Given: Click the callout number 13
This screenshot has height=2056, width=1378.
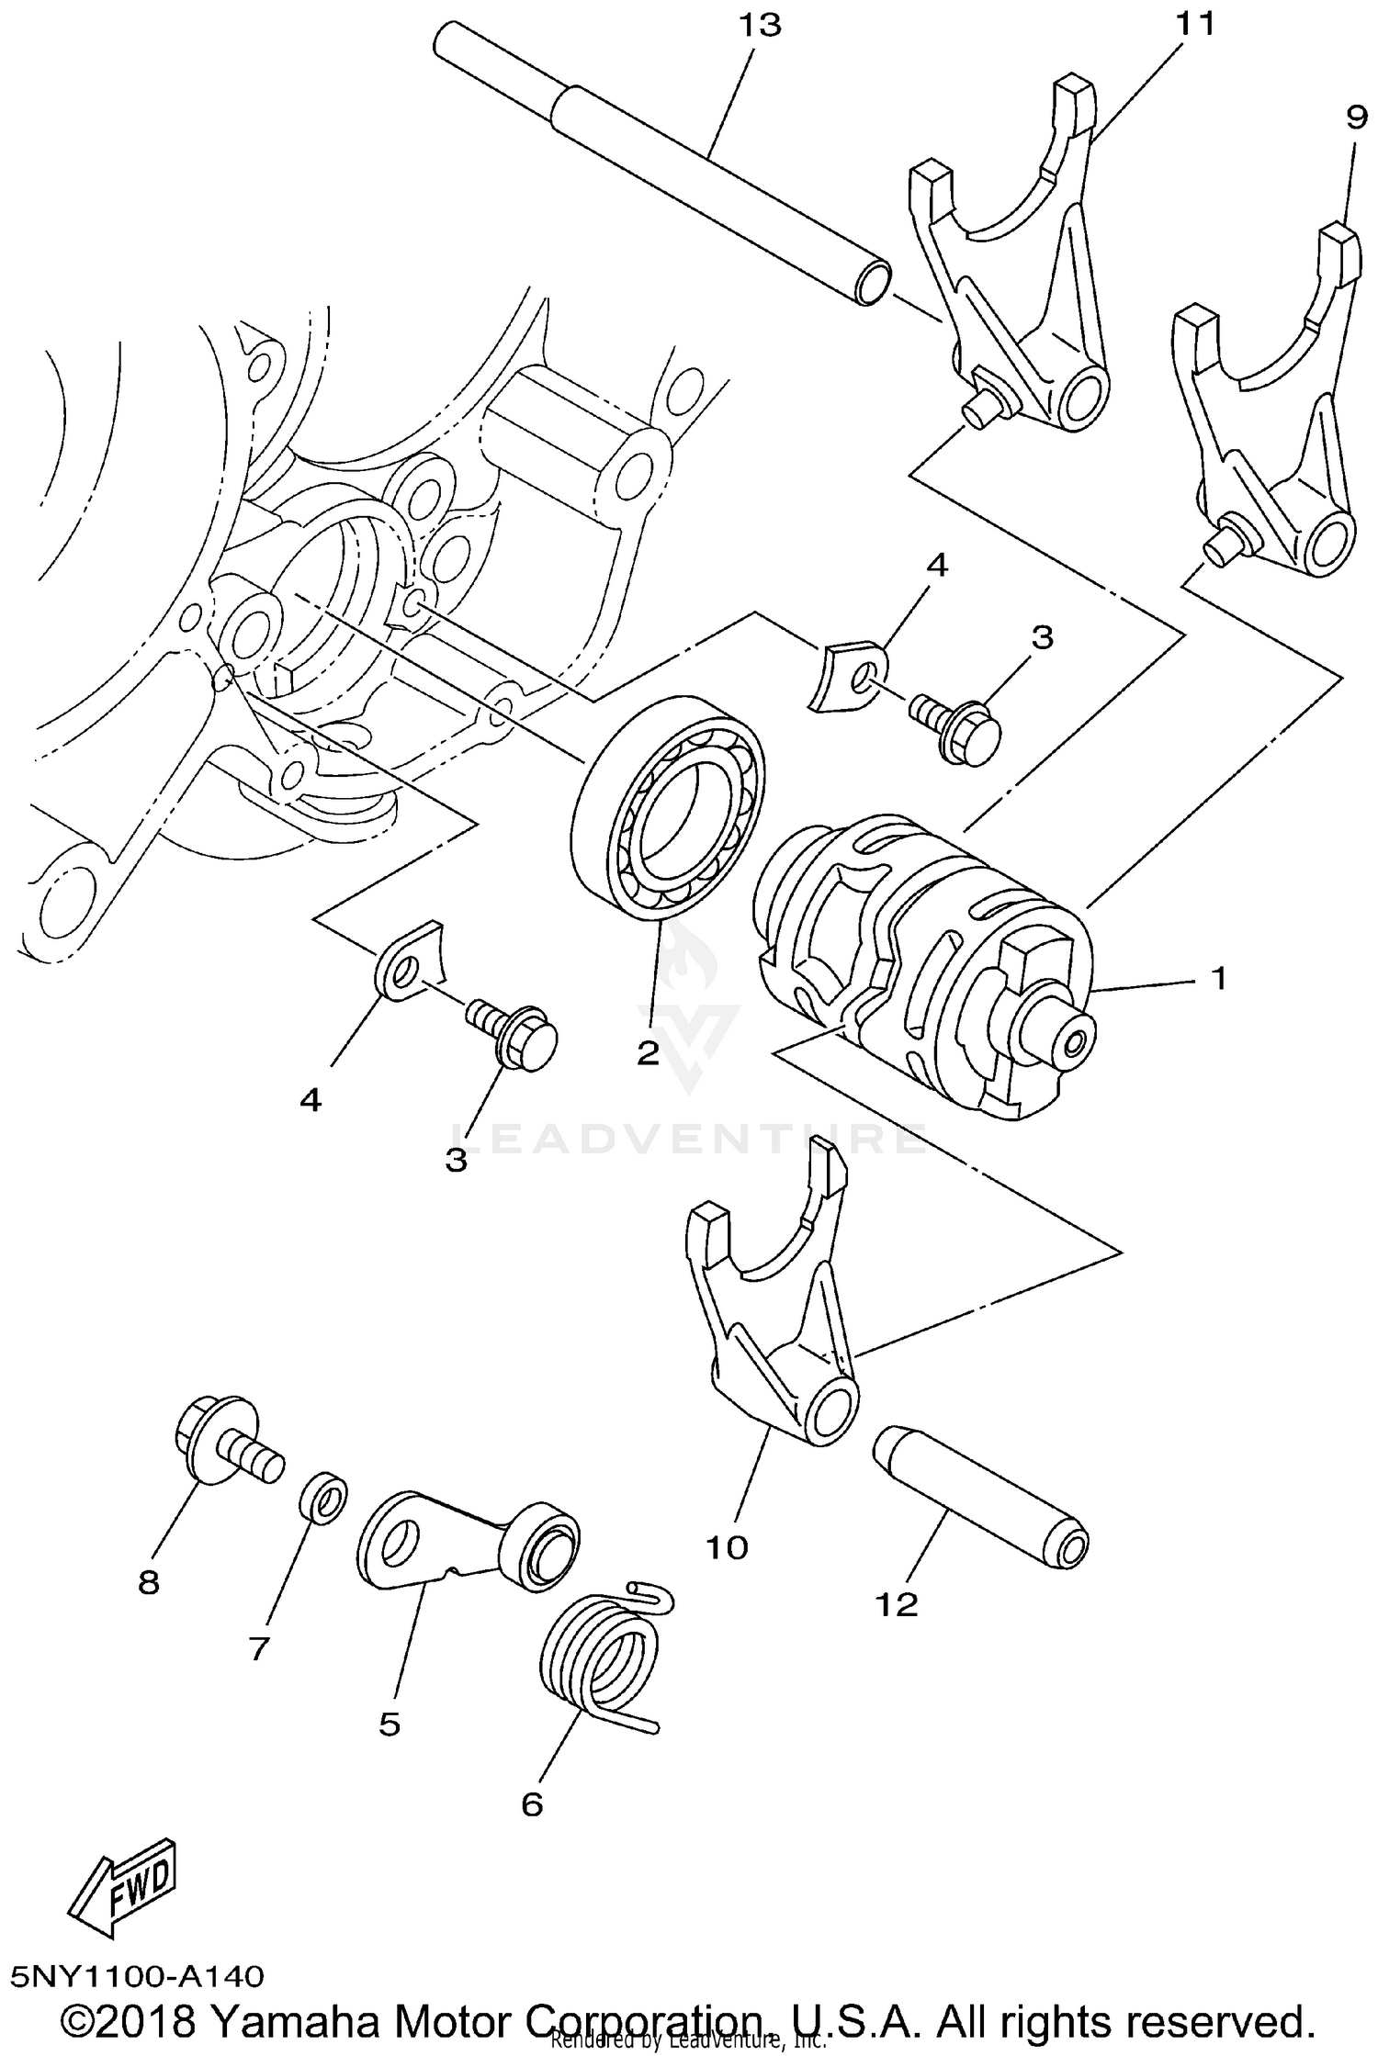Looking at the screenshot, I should click(760, 26).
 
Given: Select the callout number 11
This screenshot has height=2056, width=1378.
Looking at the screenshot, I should click(1195, 25).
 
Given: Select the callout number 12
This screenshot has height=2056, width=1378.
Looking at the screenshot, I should click(897, 1604).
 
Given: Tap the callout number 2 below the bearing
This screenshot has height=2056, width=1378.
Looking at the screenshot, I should click(649, 1053).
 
